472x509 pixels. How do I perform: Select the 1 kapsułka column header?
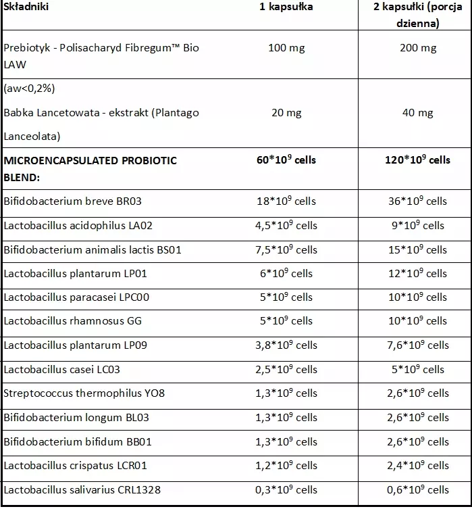286,7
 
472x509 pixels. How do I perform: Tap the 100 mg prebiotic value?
287,48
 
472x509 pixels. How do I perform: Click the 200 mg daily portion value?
418,48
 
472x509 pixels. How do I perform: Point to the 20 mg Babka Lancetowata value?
287,112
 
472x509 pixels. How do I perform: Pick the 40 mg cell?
418,112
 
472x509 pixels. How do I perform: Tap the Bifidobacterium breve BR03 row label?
73,201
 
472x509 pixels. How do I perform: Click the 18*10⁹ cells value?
287,201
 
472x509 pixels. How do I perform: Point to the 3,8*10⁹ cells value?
287,345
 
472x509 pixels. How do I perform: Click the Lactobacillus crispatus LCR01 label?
75,465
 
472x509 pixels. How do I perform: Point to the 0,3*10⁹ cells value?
287,489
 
